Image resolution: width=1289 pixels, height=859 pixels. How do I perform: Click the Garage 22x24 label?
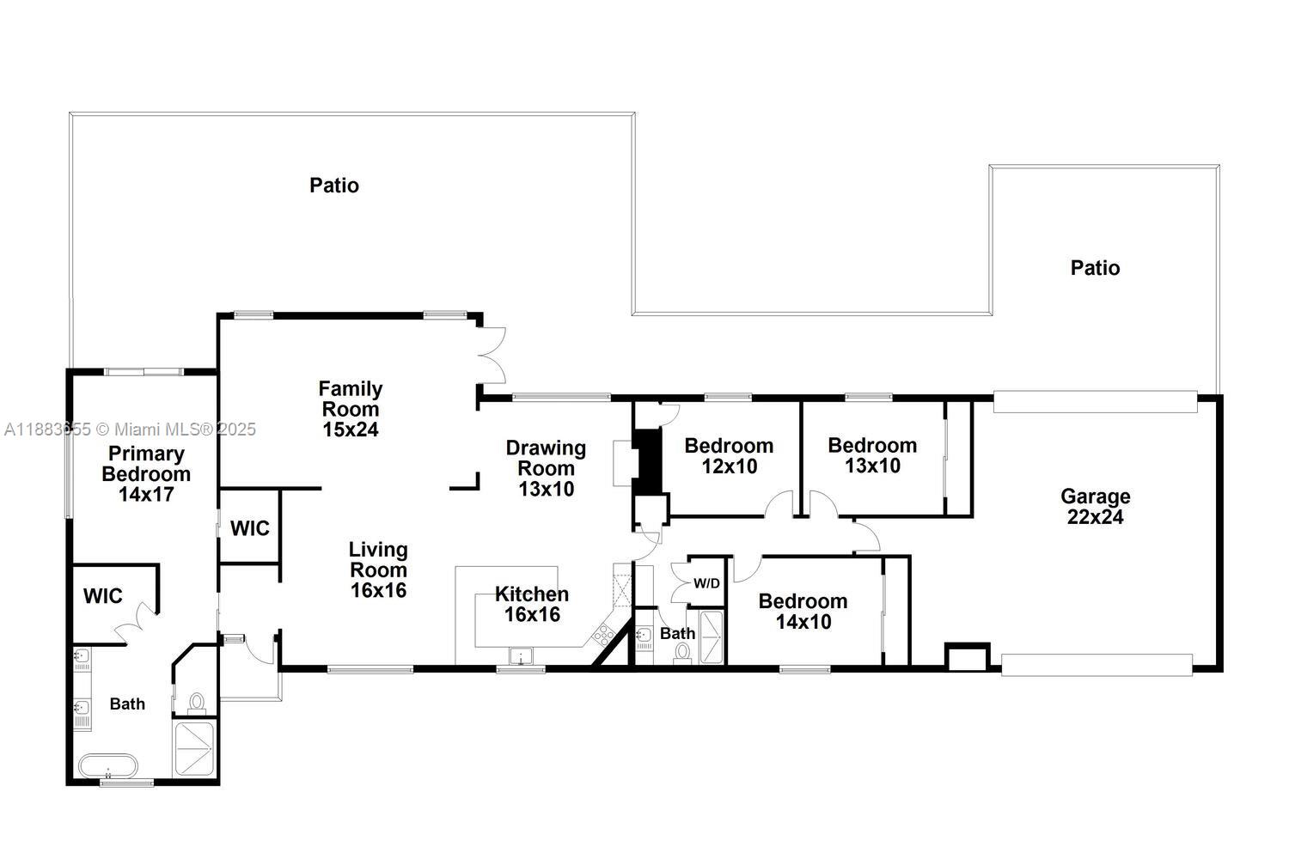[1095, 507]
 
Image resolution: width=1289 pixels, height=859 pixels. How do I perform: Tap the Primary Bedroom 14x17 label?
[146, 474]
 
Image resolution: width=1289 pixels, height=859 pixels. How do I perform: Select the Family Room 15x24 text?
[351, 409]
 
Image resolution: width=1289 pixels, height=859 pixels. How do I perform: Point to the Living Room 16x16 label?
[378, 570]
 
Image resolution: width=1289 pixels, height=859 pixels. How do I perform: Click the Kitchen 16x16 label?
[532, 604]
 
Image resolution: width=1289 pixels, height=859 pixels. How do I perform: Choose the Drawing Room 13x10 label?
[546, 468]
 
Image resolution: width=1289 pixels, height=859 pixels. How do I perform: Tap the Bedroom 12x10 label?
[729, 455]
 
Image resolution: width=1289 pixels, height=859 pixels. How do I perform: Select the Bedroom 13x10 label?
[872, 455]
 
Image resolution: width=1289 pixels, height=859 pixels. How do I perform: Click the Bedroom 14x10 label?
[803, 611]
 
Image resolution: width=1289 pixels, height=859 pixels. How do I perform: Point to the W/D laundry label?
[706, 584]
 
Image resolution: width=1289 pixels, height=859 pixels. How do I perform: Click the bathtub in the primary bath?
[108, 765]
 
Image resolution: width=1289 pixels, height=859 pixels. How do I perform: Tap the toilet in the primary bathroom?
[197, 703]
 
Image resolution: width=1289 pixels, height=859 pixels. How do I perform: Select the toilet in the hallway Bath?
[683, 652]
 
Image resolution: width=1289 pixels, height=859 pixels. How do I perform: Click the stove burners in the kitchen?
[602, 635]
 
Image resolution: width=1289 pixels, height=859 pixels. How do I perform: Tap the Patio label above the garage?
[1095, 268]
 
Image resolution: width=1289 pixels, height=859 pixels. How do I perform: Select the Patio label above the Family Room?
[334, 186]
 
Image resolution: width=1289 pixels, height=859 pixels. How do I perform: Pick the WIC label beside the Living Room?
[250, 528]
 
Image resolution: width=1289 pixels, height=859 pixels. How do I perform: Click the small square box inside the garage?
[968, 657]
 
